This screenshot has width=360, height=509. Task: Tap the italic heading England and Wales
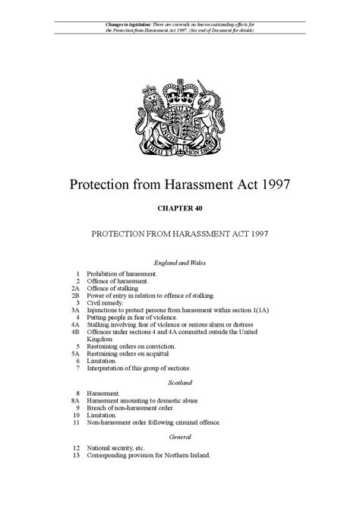(180, 261)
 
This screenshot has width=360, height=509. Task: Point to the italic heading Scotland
(180, 382)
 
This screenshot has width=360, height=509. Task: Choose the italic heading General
(180, 437)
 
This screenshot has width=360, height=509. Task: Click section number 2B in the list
(76, 295)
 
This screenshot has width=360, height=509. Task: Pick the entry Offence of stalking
(112, 287)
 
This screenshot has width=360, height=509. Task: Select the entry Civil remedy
(107, 302)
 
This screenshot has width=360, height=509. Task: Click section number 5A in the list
(76, 354)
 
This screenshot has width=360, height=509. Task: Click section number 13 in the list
(76, 455)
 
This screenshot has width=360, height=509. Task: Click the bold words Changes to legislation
(127, 26)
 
